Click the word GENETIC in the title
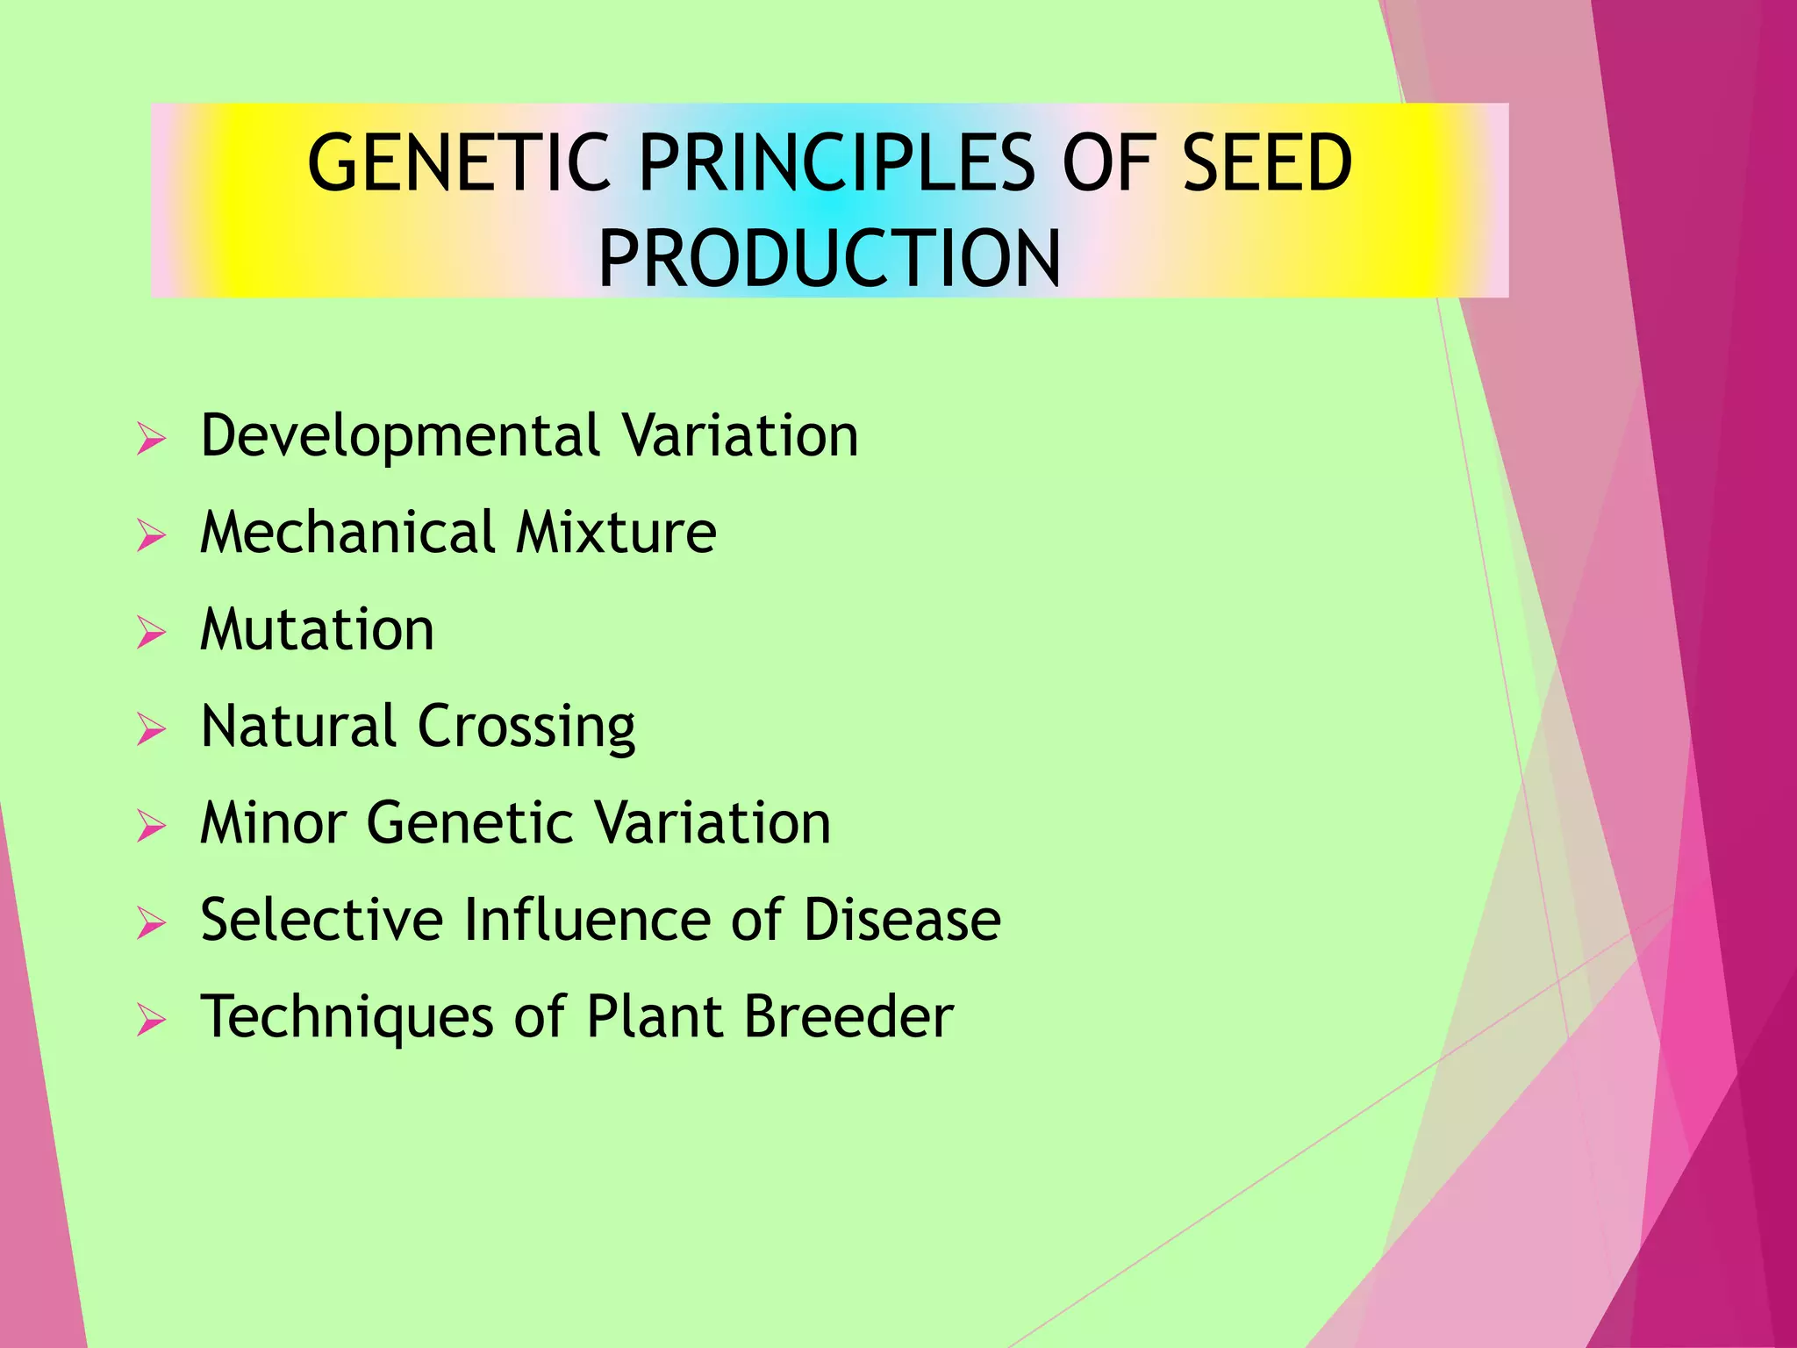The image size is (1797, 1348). pyautogui.click(x=458, y=163)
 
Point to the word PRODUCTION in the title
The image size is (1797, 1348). pyautogui.click(x=829, y=259)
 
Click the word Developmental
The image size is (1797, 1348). pyautogui.click(x=401, y=437)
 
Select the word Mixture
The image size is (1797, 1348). pyautogui.click(x=616, y=533)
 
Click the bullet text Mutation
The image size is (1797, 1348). pyautogui.click(x=317, y=630)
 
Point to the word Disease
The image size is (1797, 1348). pyautogui.click(x=902, y=920)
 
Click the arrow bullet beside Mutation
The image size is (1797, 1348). pyautogui.click(x=151, y=632)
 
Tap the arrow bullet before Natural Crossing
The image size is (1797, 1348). pyautogui.click(x=151, y=729)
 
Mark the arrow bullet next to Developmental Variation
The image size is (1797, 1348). pyautogui.click(x=151, y=438)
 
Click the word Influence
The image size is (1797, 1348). pyautogui.click(x=587, y=920)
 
